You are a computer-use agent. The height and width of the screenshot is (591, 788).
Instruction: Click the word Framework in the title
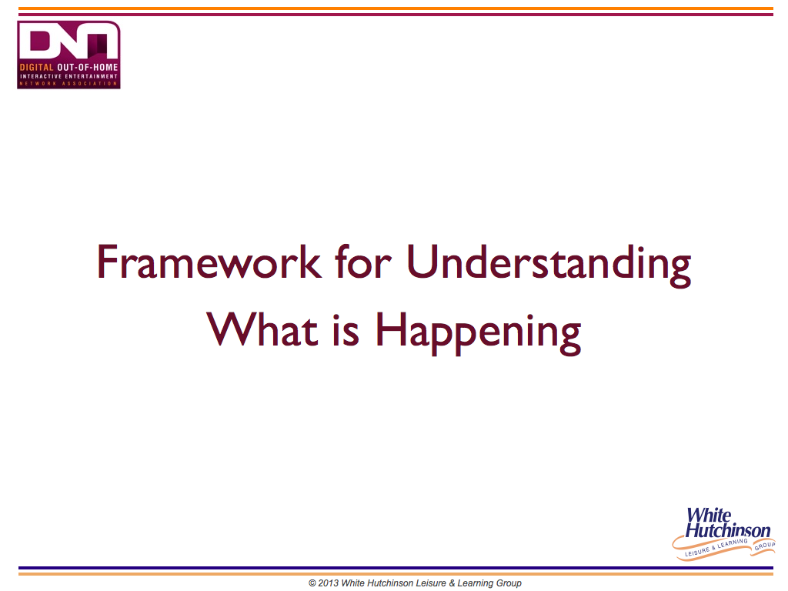209,262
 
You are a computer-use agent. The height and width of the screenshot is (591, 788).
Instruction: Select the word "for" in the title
363,262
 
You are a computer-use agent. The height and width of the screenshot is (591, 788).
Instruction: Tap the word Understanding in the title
549,265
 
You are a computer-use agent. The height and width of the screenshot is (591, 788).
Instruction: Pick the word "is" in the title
346,330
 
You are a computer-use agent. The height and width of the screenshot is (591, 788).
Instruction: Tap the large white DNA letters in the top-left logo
68,42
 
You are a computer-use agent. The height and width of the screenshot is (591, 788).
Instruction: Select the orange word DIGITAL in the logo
36,67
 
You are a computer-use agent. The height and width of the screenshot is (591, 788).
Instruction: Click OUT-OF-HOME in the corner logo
88,67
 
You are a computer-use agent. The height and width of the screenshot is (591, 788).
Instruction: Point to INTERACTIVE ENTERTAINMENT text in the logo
68,76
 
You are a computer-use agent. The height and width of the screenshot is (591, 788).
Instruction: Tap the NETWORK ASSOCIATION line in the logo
68,83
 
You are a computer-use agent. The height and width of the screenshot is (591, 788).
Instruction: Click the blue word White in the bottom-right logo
709,515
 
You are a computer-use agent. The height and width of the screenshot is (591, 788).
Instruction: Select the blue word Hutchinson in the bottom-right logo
728,530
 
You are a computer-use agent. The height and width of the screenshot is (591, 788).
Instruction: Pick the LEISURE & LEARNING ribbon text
716,548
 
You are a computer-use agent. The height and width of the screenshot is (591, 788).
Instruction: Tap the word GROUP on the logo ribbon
764,546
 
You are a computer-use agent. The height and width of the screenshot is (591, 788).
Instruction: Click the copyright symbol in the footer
312,583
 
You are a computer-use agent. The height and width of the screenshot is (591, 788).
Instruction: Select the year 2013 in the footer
328,583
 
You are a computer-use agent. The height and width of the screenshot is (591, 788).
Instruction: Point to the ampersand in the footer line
452,583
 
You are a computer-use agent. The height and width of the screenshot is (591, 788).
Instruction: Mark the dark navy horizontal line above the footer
396,568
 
